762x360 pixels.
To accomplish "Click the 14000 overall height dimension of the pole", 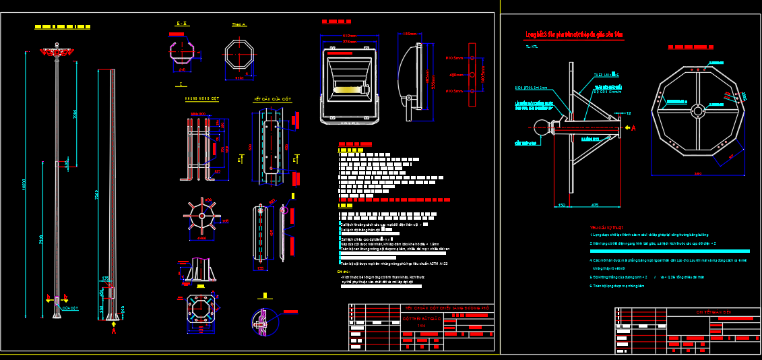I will click(x=24, y=183).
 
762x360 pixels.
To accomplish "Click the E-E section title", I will click(x=182, y=24).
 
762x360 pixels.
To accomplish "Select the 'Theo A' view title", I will click(x=239, y=24).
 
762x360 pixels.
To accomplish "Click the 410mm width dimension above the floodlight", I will click(x=349, y=35).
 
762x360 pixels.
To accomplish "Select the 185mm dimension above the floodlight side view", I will click(x=410, y=32).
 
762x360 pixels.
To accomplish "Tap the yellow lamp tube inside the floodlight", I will click(x=352, y=88).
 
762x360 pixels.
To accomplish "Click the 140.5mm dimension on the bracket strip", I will click(x=454, y=58).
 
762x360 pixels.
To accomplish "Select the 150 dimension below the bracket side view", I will click(x=561, y=204).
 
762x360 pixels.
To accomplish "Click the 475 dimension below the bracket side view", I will click(x=595, y=204).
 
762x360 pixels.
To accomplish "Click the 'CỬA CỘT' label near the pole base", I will click(x=70, y=307).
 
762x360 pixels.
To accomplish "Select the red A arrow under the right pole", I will click(x=113, y=330).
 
